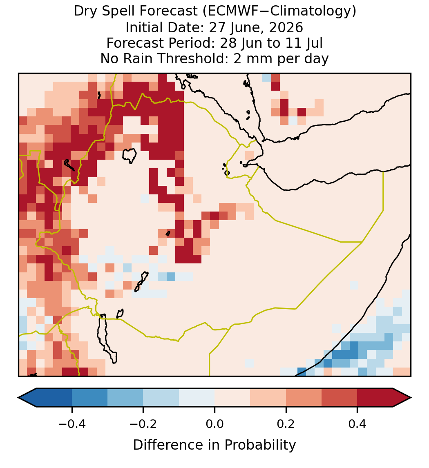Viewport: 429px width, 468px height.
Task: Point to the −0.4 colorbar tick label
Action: click(72, 424)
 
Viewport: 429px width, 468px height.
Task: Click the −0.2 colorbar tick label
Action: click(143, 424)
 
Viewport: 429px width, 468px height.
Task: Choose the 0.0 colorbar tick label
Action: click(214, 424)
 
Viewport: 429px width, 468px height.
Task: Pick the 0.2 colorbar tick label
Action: click(286, 424)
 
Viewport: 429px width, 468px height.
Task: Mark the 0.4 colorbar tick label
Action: click(357, 424)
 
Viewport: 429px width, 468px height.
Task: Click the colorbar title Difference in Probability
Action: click(214, 445)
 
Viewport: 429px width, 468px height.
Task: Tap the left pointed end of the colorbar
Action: click(18, 398)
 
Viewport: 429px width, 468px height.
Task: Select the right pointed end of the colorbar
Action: click(411, 398)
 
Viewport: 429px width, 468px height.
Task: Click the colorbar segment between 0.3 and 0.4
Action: click(340, 398)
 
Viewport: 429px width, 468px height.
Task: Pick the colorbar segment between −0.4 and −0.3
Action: click(89, 398)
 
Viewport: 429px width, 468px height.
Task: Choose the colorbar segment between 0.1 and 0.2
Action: click(268, 398)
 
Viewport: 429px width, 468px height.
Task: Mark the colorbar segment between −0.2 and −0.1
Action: click(161, 398)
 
